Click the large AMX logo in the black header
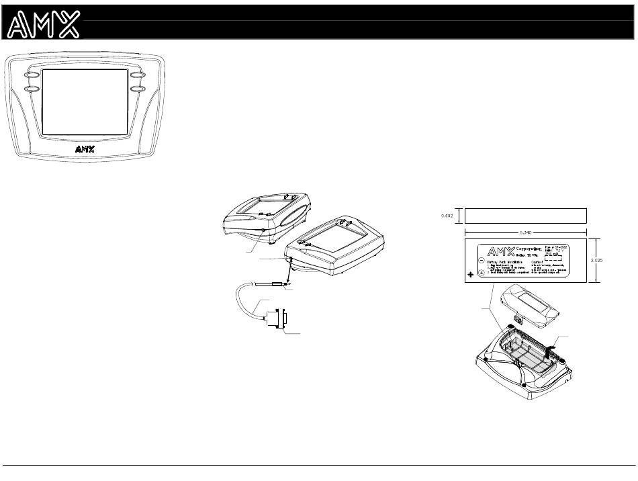(x=44, y=25)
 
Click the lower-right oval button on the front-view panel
(x=138, y=88)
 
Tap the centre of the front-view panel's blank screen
(x=84, y=101)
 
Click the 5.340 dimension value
(x=526, y=232)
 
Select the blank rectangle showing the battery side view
(x=526, y=216)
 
